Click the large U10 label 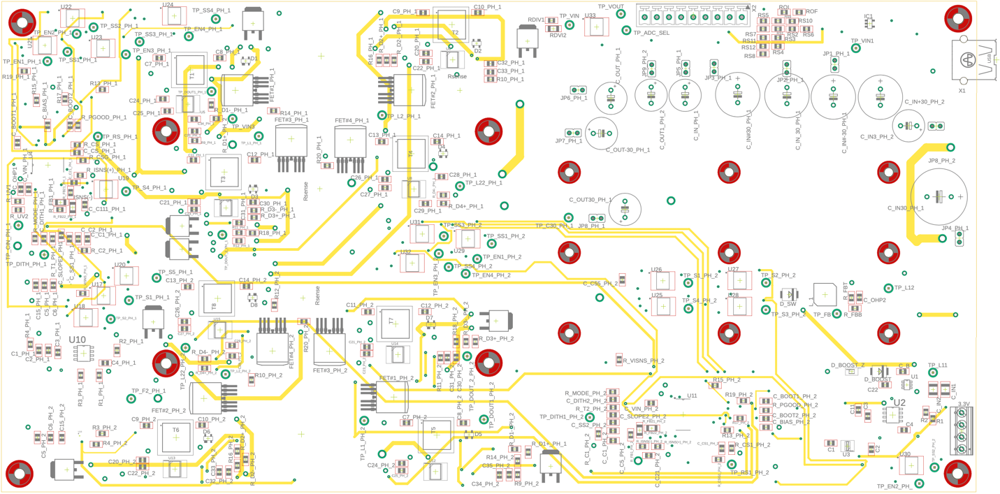78,340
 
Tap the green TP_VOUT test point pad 621,15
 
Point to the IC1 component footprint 869,23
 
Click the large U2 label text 899,402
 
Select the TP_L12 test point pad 889,288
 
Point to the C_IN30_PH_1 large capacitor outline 939,196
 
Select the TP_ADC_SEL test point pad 626,31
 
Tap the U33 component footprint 595,27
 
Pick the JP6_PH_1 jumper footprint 578,89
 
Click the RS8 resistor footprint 764,55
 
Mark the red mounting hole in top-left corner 22,22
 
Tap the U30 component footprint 910,465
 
